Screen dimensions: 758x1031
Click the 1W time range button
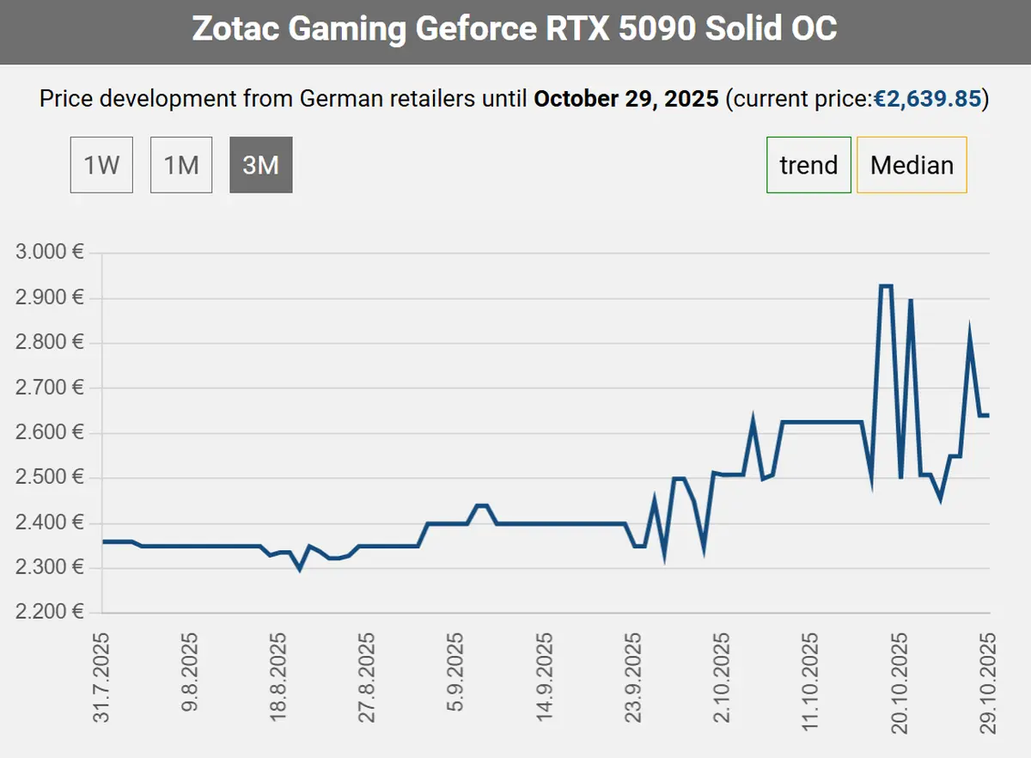point(101,165)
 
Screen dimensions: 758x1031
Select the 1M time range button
point(181,165)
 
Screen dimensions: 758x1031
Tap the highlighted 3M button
point(261,165)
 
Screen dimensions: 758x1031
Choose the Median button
point(912,165)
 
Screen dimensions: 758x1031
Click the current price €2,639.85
point(927,99)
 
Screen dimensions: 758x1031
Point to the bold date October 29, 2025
point(625,99)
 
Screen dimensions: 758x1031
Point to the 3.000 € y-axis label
point(50,254)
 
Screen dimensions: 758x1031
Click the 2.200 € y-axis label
point(50,612)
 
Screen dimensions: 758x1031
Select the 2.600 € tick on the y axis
point(50,432)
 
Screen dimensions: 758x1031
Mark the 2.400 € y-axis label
point(50,523)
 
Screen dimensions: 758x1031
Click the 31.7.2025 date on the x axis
point(102,678)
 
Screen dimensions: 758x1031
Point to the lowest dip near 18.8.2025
point(299,569)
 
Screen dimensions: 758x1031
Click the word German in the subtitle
point(337,99)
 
